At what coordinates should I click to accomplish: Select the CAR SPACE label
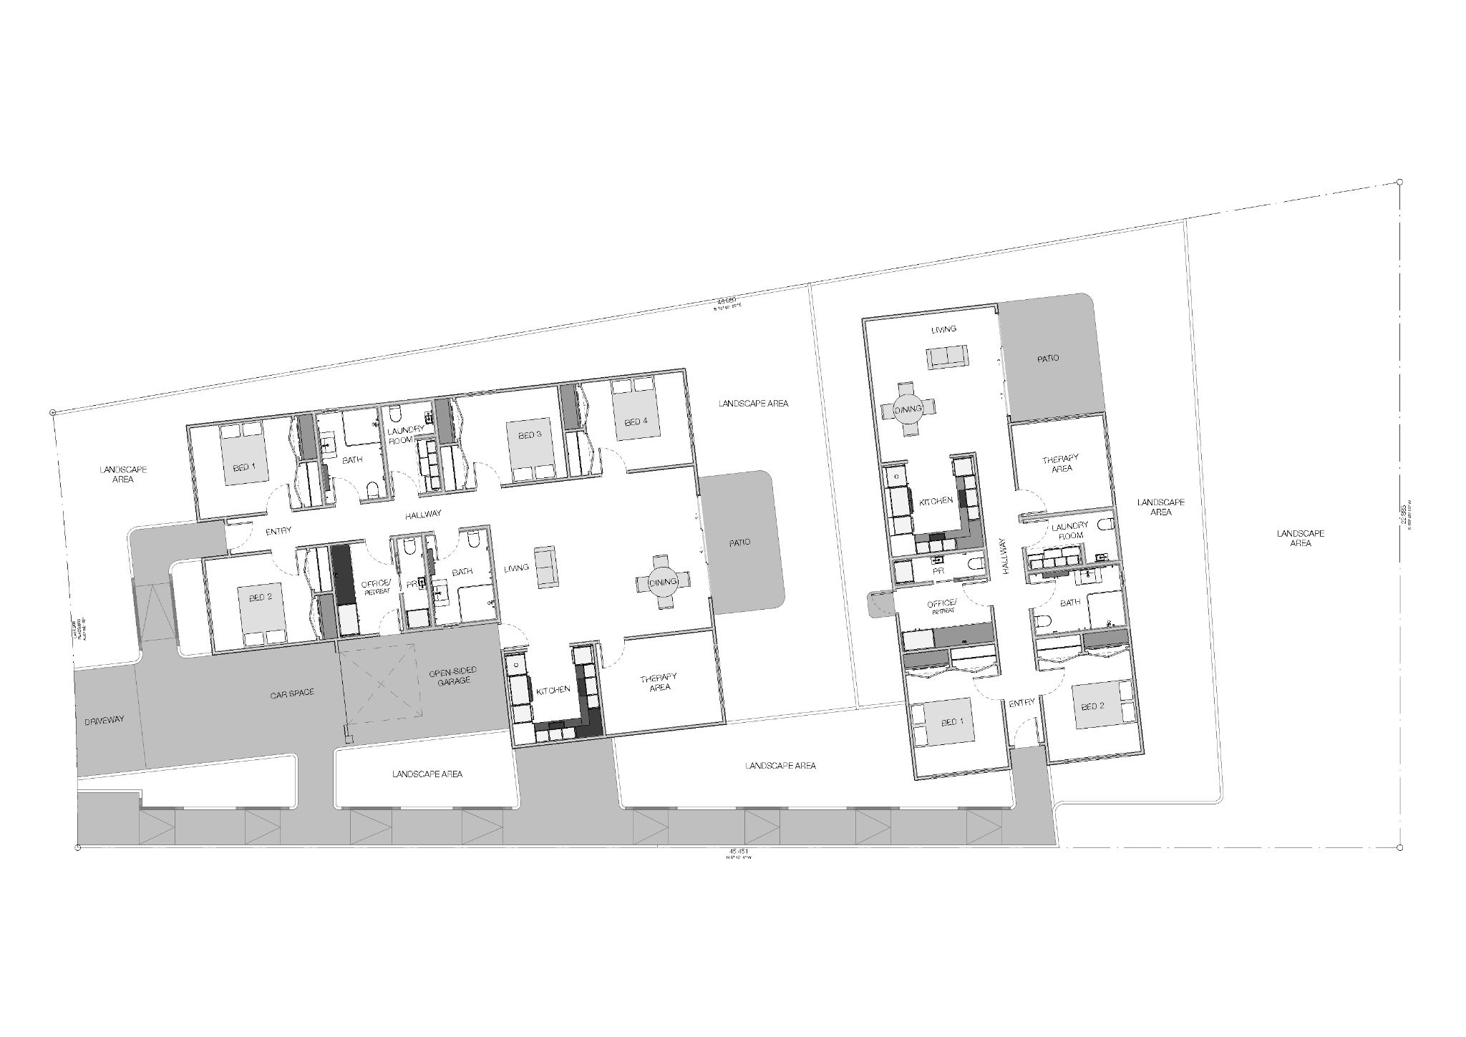point(292,693)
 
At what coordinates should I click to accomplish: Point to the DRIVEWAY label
point(105,720)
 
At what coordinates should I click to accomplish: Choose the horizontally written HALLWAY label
point(423,514)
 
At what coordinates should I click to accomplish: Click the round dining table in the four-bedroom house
point(663,583)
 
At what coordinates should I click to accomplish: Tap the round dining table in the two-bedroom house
point(908,409)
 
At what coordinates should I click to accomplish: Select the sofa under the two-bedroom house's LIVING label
point(947,358)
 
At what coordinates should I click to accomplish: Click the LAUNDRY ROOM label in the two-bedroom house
point(1069,531)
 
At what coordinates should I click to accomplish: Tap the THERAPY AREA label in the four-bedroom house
point(659,682)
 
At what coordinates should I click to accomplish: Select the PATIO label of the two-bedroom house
point(1047,358)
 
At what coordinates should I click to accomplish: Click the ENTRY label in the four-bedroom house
point(278,532)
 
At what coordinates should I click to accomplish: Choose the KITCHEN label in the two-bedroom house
point(936,501)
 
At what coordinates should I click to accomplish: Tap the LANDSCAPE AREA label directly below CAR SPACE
point(427,774)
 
